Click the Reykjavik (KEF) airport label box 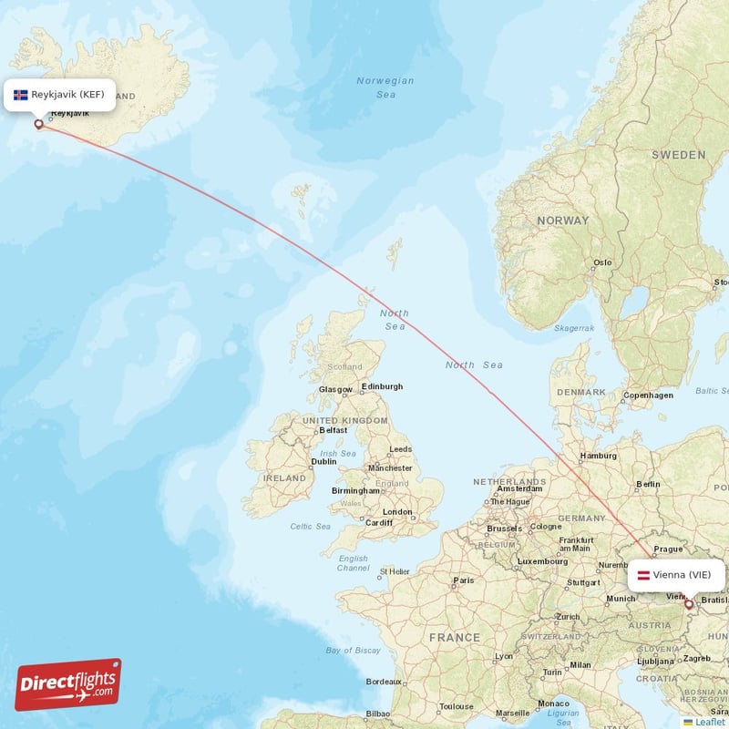[60, 94]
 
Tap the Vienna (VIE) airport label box [677, 575]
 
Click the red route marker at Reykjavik [38, 124]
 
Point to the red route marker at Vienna [689, 603]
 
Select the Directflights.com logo [68, 684]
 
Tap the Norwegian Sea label [385, 87]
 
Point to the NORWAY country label [562, 221]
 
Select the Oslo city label [602, 262]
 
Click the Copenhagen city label [648, 395]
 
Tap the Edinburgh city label [382, 386]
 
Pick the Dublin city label [323, 461]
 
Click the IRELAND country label [284, 477]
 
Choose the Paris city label [464, 580]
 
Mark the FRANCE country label [455, 637]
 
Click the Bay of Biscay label [353, 650]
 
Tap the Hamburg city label [598, 456]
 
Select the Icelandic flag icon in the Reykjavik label [20, 94]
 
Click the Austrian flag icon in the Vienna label [642, 575]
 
